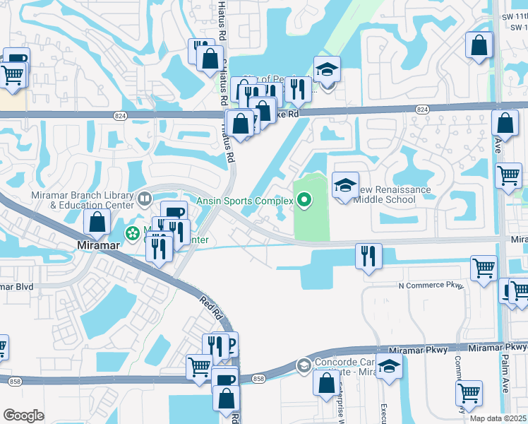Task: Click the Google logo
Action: click(23, 416)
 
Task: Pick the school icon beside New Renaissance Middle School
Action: click(345, 186)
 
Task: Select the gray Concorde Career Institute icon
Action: click(304, 365)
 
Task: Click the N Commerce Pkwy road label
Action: click(431, 285)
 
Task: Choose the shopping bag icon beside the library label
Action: click(97, 222)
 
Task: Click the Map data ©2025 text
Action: click(498, 418)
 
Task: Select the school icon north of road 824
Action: click(327, 69)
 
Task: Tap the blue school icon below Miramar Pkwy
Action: click(389, 367)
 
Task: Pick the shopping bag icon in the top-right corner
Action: click(479, 45)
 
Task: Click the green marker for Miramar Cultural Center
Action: click(132, 232)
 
